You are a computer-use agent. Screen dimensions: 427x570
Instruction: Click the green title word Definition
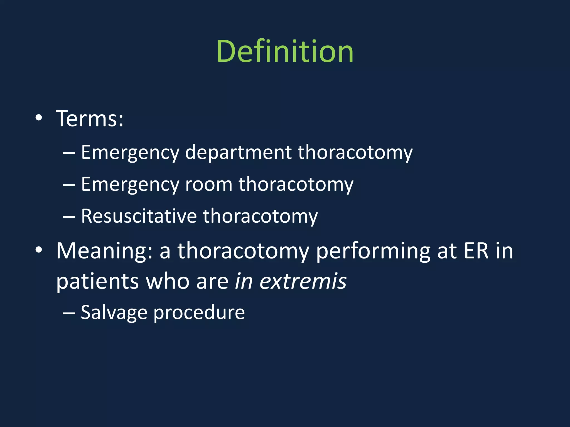click(285, 52)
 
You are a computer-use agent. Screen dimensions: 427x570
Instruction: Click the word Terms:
click(90, 119)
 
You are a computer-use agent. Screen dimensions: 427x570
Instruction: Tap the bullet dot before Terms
click(39, 118)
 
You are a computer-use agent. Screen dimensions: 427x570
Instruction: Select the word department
click(238, 153)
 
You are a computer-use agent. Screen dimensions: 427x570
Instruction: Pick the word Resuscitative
click(139, 216)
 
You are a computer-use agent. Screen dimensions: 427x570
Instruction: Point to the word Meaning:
click(104, 251)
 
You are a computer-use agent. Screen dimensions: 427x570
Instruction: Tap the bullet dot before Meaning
click(39, 250)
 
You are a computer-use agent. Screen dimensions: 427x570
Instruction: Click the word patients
click(97, 282)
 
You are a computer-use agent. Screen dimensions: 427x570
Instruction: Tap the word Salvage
click(114, 313)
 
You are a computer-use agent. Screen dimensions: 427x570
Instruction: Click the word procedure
click(199, 313)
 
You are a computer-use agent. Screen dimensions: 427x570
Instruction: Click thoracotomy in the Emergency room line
click(296, 185)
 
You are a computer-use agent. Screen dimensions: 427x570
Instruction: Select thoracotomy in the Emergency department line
click(355, 153)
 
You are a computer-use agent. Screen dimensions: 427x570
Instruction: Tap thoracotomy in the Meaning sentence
click(243, 251)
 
